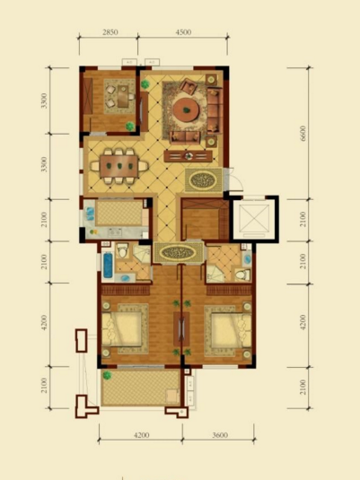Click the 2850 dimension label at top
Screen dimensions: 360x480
tap(110, 32)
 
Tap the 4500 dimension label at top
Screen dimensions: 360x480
tap(183, 32)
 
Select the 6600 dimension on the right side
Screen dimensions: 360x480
tap(303, 133)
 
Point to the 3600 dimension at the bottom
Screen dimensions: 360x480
tap(220, 435)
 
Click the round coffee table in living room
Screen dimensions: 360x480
tap(186, 109)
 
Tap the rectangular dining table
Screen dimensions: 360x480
tap(119, 166)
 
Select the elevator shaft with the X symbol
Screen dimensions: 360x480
tap(254, 218)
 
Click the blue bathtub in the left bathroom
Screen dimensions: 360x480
tap(108, 265)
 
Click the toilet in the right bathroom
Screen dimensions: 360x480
tap(242, 275)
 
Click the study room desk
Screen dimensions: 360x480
tap(123, 96)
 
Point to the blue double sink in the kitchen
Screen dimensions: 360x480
tap(90, 214)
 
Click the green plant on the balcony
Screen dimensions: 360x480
tap(107, 375)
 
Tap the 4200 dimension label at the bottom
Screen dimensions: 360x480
tap(141, 435)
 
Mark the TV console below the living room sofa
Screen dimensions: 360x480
tap(188, 156)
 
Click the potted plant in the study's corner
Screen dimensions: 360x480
tap(130, 126)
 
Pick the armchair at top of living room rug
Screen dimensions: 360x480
tap(189, 86)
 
